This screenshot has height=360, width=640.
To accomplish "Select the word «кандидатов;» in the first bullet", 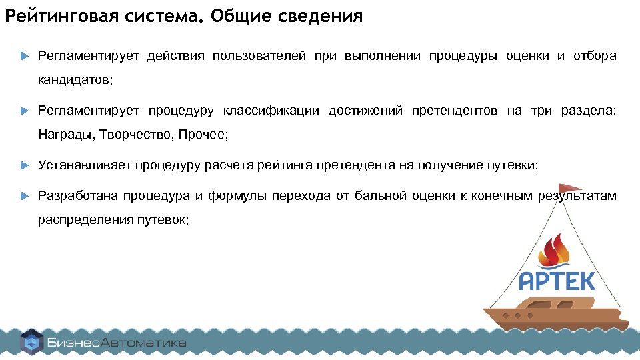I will (75, 80).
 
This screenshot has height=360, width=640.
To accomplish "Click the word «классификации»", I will (271, 111).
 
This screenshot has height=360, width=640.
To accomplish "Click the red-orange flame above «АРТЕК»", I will (555, 251).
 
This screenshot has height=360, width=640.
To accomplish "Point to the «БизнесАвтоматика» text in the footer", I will (117, 343).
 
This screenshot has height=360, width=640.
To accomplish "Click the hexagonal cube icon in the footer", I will (31, 343).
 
